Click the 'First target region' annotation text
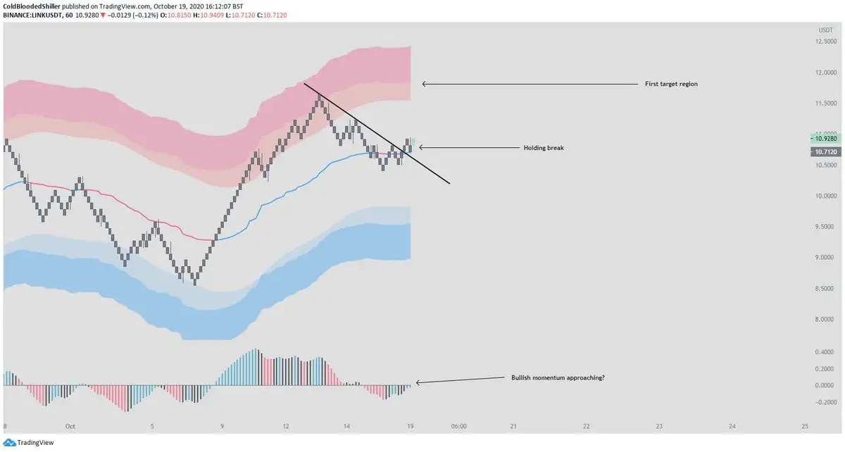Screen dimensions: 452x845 coord(671,84)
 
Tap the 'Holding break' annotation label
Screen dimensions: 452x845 coord(543,148)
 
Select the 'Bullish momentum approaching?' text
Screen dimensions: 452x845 coord(558,378)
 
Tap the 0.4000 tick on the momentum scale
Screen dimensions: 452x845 coord(825,352)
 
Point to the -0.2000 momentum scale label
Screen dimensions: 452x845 coord(823,402)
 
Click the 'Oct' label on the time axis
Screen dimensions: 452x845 coord(70,426)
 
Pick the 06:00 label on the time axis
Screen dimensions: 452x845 coord(459,426)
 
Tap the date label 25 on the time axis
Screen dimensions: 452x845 coord(805,426)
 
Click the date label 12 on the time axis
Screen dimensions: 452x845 coord(286,426)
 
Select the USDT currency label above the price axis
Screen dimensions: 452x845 coord(825,30)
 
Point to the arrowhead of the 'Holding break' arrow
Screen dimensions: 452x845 coord(421,148)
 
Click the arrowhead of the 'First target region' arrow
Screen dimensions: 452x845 coord(424,84)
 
